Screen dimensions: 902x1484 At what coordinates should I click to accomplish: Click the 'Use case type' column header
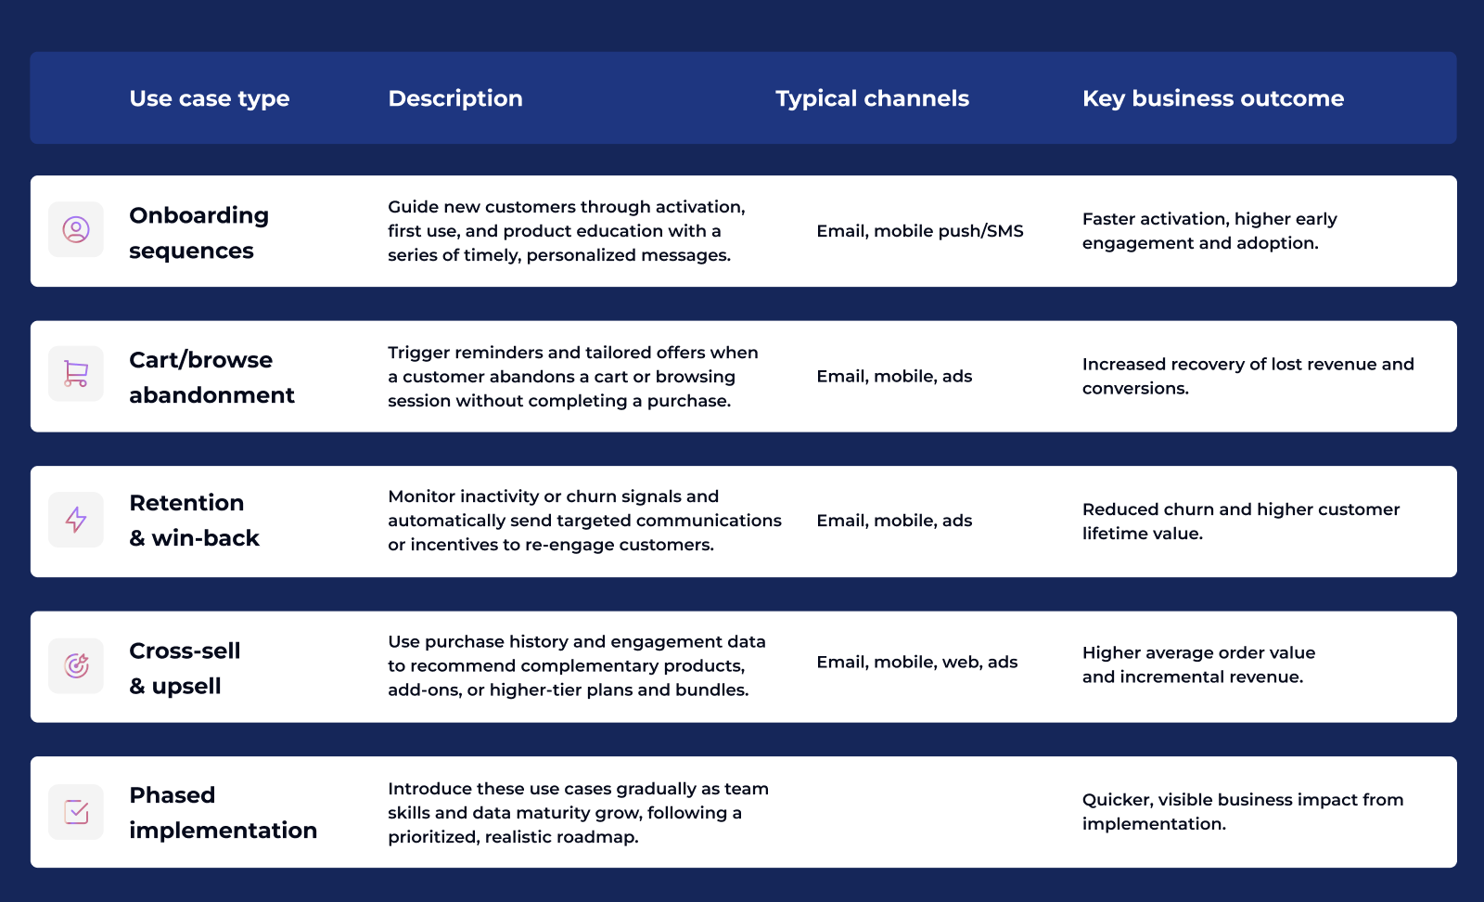[x=210, y=98]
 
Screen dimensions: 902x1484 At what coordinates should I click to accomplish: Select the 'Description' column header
[x=455, y=98]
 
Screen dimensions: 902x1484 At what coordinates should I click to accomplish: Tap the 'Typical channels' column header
[x=872, y=98]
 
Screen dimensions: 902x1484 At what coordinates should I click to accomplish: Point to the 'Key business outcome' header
[x=1213, y=98]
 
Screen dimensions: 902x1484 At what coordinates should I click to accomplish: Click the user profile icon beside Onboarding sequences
[x=76, y=229]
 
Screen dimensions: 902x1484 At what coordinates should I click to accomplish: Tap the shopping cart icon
[x=76, y=374]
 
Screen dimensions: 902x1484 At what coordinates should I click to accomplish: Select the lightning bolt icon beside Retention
[x=76, y=520]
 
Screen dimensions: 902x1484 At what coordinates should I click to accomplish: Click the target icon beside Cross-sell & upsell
[x=76, y=665]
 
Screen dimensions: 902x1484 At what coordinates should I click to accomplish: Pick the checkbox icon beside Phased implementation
[x=76, y=812]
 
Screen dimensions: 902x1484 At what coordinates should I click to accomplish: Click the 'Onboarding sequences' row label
[x=198, y=233]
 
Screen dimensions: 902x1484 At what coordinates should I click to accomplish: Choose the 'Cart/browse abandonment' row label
[x=211, y=378]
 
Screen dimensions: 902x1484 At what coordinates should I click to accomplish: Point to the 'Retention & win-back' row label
[x=194, y=521]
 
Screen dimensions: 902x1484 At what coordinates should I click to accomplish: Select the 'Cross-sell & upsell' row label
[x=185, y=668]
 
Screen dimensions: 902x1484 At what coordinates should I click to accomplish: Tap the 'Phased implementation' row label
[x=223, y=813]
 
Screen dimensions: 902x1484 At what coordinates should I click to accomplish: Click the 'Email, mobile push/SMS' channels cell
[x=920, y=231]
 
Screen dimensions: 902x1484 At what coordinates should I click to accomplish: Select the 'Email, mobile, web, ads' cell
[x=917, y=662]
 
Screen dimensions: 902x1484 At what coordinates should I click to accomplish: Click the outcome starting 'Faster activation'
[x=1209, y=231]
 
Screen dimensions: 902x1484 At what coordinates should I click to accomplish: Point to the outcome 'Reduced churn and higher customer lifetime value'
[x=1241, y=522]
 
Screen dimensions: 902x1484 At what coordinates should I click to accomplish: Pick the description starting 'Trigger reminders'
[x=572, y=377]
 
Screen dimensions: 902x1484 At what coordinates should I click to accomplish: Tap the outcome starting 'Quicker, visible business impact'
[x=1243, y=812]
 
